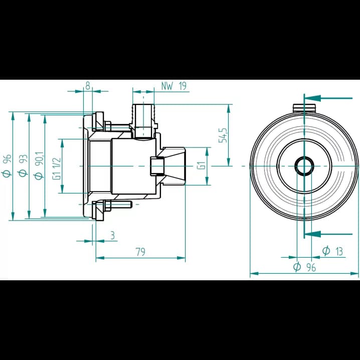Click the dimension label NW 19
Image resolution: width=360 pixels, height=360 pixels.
tap(174, 86)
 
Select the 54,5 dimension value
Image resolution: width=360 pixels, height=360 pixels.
tap(223, 135)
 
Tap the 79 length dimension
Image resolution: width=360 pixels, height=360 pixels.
tap(140, 252)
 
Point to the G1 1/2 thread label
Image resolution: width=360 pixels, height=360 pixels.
tap(57, 168)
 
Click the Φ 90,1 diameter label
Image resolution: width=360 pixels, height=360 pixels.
tap(39, 165)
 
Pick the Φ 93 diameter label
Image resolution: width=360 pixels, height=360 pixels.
tap(23, 165)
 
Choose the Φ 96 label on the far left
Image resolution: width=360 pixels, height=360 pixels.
tap(7, 166)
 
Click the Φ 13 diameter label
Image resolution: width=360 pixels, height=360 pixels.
tap(332, 251)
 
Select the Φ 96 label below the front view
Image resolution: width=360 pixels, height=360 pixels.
tap(304, 267)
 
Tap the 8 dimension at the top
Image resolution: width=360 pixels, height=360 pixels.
tap(87, 86)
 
